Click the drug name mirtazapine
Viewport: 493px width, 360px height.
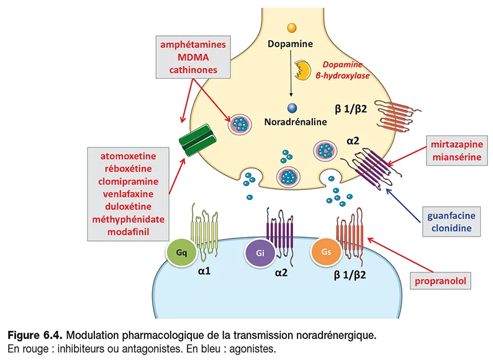(456, 145)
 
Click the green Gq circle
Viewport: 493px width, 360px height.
(181, 252)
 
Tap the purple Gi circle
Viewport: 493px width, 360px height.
(258, 253)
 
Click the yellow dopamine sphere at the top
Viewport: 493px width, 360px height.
(291, 28)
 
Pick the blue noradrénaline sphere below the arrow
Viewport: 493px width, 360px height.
(291, 108)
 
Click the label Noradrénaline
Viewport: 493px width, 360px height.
(296, 122)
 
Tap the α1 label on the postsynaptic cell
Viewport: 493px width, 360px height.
(204, 271)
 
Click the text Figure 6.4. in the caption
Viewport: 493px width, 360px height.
(34, 336)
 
